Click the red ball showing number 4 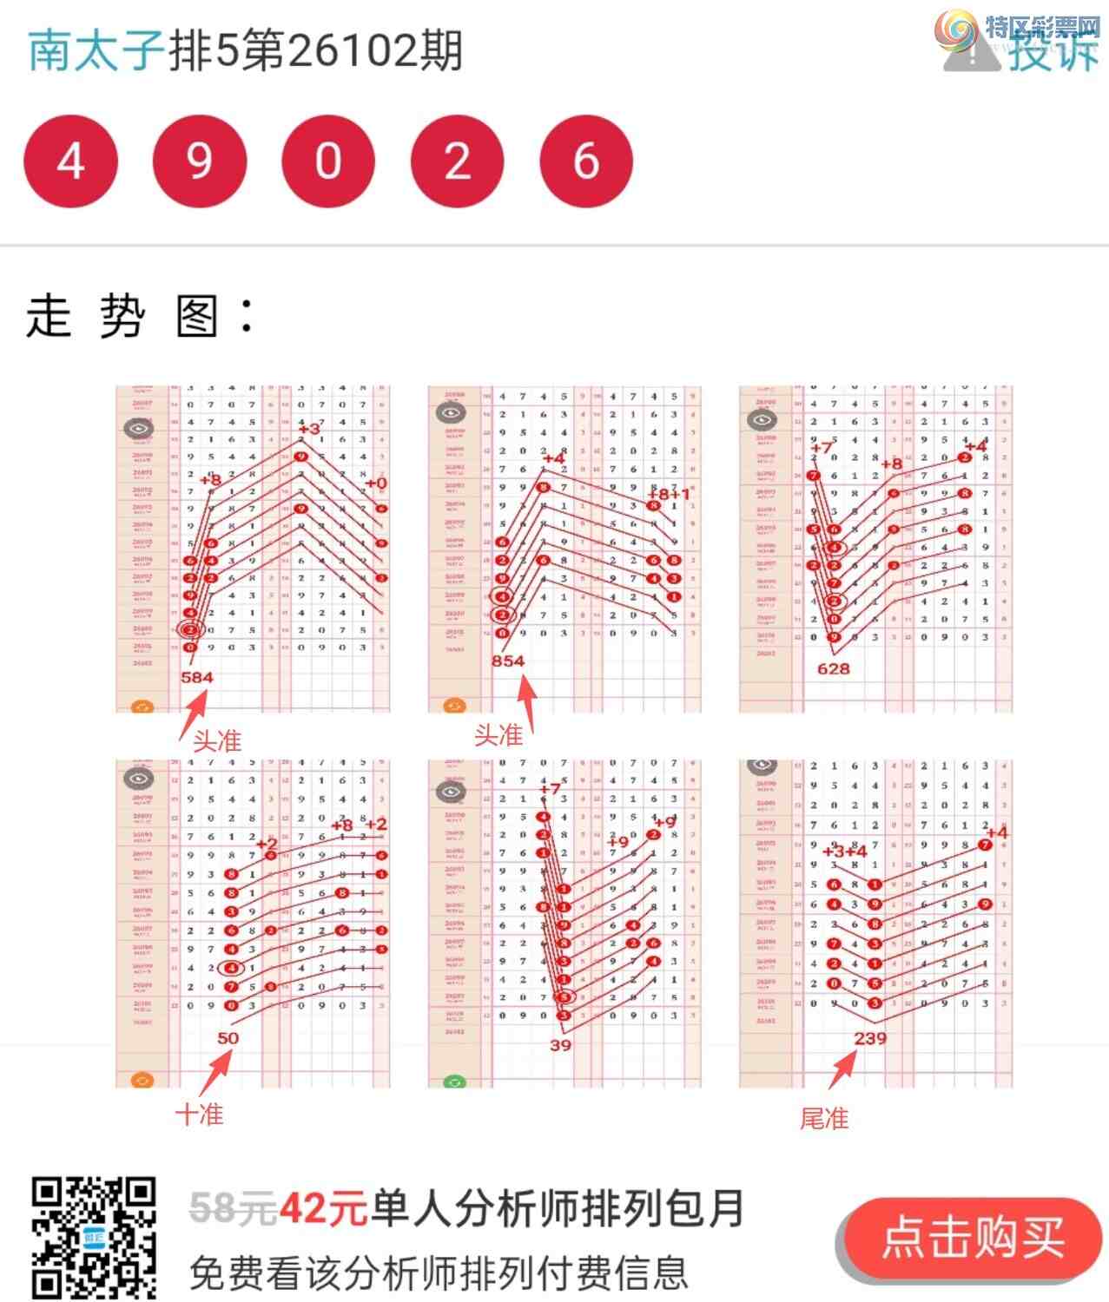(70, 161)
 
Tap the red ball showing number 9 (199, 161)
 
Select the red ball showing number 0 (328, 161)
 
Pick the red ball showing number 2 (457, 161)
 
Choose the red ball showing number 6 (586, 161)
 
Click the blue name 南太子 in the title (96, 50)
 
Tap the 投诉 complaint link (1052, 52)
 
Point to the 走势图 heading (139, 316)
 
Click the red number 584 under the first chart (196, 677)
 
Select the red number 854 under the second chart (508, 661)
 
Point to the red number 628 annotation (833, 668)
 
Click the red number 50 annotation (228, 1038)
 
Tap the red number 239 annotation (870, 1038)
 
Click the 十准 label (200, 1115)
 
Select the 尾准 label (824, 1119)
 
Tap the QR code (94, 1237)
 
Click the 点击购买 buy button (971, 1238)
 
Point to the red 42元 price (323, 1208)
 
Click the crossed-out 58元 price (233, 1208)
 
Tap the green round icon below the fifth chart (454, 1082)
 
